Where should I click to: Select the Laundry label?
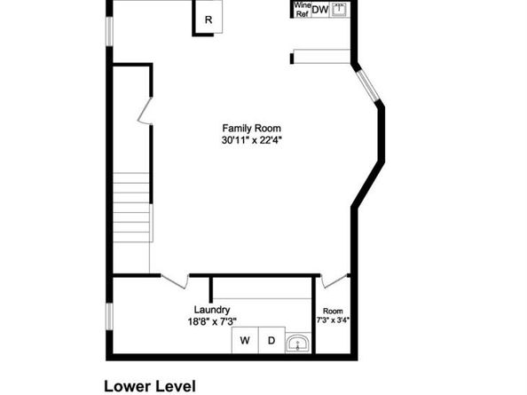[212, 310]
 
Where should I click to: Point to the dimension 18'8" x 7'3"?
[212, 321]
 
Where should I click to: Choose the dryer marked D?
[271, 341]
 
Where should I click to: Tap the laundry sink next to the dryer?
[299, 342]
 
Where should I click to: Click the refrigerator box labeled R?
[208, 19]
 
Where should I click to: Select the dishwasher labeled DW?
[319, 10]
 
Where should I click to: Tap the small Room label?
[333, 311]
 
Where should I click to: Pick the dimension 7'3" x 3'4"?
[333, 320]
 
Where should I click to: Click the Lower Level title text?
[149, 386]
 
